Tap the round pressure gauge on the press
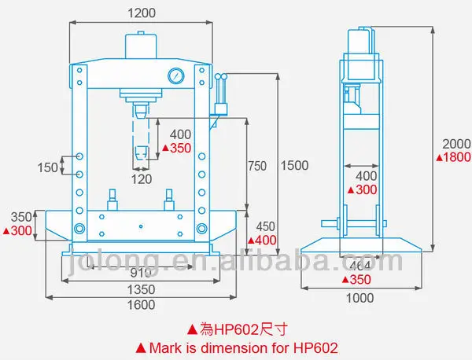click(x=175, y=76)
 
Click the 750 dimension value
click(x=256, y=166)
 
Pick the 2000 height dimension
click(x=455, y=144)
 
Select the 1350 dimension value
click(x=142, y=288)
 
